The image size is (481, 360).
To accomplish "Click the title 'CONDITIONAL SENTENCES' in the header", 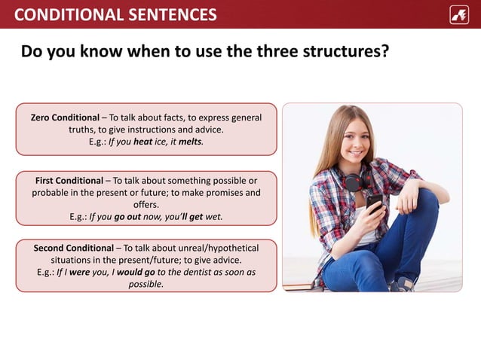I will point(115,14).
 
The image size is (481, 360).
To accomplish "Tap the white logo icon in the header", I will point(458,14).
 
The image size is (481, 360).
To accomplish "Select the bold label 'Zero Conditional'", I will point(64,117).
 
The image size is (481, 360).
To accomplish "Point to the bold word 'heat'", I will point(143,141).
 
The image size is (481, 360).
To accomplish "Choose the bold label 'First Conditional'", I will point(69,181).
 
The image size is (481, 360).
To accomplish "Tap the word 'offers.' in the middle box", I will point(146,204).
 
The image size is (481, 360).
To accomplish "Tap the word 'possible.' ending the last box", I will point(146,284).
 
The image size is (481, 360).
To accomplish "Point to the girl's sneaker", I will point(404,283).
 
